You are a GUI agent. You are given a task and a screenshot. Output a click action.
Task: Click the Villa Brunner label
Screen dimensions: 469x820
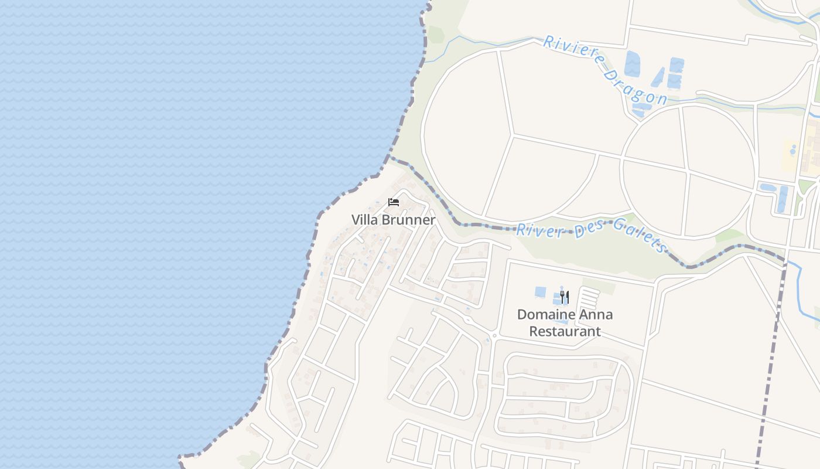click(393, 220)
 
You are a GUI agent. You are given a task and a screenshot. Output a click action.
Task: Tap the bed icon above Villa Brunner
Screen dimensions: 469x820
click(394, 202)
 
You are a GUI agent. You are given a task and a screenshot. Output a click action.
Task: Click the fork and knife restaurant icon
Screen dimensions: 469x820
click(564, 297)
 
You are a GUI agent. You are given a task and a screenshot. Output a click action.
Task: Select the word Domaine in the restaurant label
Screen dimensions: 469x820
click(545, 315)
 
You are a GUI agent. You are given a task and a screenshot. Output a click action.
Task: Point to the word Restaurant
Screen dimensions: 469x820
click(565, 331)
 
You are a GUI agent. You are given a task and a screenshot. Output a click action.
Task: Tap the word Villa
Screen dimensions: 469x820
click(364, 220)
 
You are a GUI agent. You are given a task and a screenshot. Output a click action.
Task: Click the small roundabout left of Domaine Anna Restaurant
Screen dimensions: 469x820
click(494, 336)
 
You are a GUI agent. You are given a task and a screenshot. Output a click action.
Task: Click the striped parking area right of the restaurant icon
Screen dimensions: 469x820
click(589, 297)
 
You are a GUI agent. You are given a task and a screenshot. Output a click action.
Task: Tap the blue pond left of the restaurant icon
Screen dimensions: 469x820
click(541, 291)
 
